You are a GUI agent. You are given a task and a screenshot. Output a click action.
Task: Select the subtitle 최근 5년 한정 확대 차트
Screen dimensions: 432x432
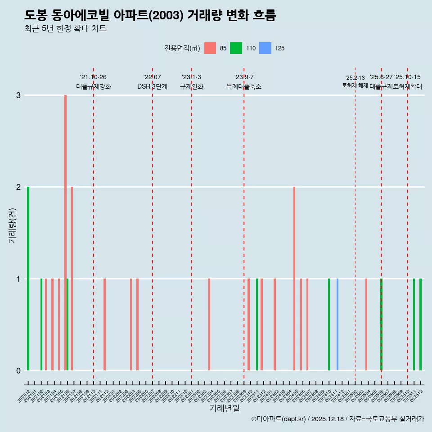click(65, 29)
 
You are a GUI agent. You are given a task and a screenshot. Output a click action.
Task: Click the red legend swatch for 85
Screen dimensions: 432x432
click(210, 48)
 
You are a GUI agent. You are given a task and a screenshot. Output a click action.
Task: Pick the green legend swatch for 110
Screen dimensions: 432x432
click(236, 48)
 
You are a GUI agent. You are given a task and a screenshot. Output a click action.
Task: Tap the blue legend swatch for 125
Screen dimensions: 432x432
click(266, 48)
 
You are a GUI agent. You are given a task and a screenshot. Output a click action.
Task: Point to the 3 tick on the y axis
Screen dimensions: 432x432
click(18, 95)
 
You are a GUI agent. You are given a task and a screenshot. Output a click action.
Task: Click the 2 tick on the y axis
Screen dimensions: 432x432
click(18, 187)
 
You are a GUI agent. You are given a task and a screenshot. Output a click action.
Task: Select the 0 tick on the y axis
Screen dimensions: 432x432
click(18, 370)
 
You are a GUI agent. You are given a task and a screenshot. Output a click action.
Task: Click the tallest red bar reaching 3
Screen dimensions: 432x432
click(65, 225)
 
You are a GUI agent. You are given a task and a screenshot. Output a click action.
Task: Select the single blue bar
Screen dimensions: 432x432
click(337, 324)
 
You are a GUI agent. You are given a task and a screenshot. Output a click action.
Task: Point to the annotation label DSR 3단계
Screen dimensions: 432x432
click(152, 86)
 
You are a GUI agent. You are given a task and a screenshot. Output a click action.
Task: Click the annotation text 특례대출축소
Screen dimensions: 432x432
click(243, 86)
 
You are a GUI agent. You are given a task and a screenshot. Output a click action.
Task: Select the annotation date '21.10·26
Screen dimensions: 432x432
click(93, 77)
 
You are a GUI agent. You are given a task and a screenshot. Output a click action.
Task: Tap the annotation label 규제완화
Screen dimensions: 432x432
click(191, 86)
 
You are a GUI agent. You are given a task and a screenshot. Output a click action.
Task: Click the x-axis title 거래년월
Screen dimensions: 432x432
click(224, 408)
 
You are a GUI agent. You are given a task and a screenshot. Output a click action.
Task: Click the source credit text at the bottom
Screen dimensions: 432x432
click(337, 419)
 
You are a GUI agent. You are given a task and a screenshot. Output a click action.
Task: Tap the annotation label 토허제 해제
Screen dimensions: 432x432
click(355, 85)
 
